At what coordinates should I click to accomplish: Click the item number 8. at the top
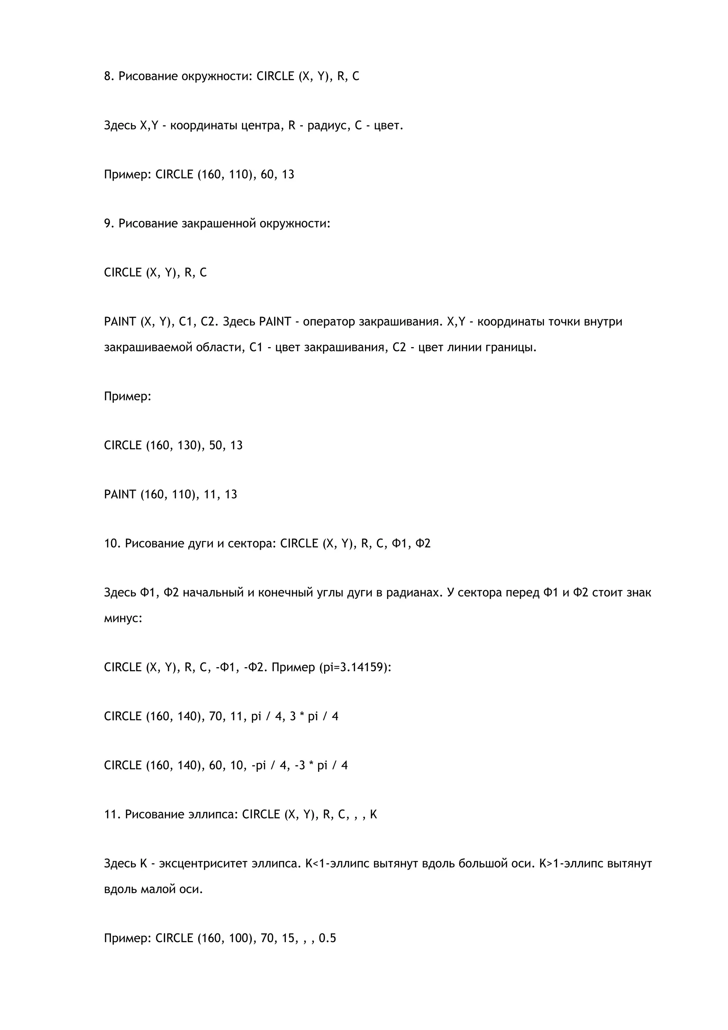tap(109, 76)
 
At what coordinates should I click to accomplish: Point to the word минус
tap(122, 618)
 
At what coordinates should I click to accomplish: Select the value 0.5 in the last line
tap(327, 938)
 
